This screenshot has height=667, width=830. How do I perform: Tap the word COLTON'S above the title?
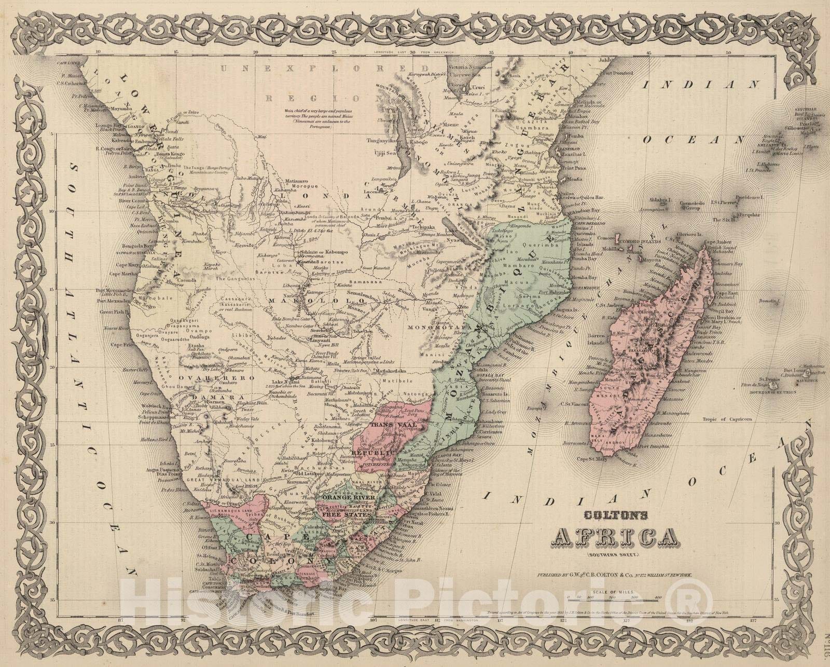pos(607,515)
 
